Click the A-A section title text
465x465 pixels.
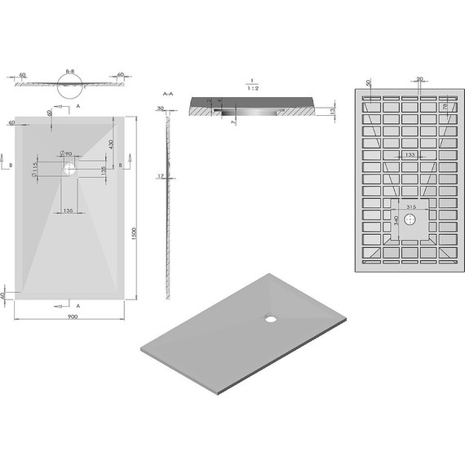click(x=168, y=95)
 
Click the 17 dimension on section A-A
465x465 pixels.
click(x=162, y=176)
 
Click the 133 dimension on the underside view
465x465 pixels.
click(x=410, y=154)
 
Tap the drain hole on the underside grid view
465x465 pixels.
click(x=410, y=219)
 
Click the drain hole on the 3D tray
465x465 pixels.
click(x=268, y=319)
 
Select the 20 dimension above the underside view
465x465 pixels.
click(x=419, y=79)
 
